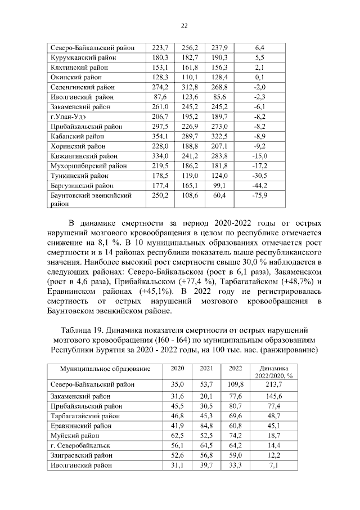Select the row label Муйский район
pyautogui.click(x=75, y=435)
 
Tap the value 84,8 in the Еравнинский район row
pyautogui.click(x=201, y=425)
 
